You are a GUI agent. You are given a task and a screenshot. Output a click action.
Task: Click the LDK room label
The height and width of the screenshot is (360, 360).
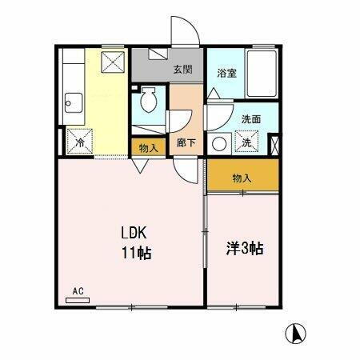pyautogui.click(x=134, y=234)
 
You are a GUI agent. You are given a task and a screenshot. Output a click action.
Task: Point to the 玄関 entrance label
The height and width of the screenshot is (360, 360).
pyautogui.click(x=182, y=70)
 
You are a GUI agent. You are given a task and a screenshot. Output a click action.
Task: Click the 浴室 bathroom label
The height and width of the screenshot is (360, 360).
pyautogui.click(x=226, y=72)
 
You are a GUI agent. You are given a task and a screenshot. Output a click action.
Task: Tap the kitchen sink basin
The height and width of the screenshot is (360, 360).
pyautogui.click(x=74, y=102)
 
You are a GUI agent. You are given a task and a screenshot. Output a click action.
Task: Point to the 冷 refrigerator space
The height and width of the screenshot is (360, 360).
pyautogui.click(x=80, y=142)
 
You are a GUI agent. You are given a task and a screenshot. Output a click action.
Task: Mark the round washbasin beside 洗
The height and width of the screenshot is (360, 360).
pyautogui.click(x=220, y=143)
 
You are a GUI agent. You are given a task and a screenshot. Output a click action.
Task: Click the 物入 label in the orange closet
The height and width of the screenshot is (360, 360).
pyautogui.click(x=242, y=178)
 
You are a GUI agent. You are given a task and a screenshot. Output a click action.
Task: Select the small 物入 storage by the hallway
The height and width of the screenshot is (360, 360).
pyautogui.click(x=147, y=147)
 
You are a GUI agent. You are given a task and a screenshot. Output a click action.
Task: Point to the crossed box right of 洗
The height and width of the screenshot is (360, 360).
pyautogui.click(x=274, y=145)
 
